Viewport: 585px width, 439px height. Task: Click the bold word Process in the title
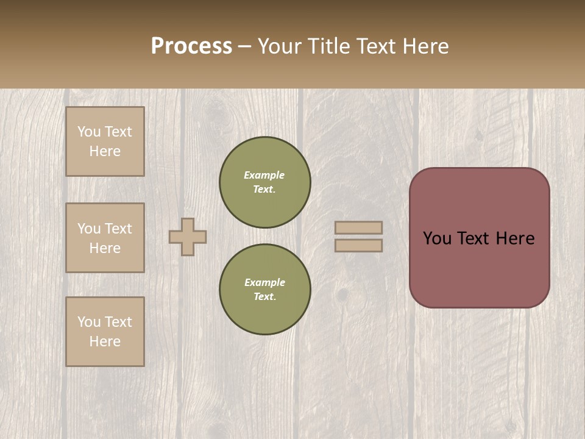coord(191,46)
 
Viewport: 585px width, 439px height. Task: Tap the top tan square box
coord(105,141)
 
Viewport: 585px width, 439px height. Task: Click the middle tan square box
coord(105,238)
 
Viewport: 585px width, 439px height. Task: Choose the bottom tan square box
coord(105,332)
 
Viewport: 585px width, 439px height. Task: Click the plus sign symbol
coord(188,237)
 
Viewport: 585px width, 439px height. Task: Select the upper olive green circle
coord(265,182)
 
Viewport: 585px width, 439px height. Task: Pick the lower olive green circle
coord(265,290)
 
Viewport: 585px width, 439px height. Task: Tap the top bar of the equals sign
coord(358,227)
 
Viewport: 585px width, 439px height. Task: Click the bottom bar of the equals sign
coord(358,245)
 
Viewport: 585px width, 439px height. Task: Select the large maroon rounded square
coord(479,238)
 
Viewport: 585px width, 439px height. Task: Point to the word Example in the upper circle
coord(264,175)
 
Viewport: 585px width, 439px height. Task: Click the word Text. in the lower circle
coord(265,297)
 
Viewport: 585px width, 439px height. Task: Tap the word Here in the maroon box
coord(515,238)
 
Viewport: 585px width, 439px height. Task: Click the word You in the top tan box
coord(88,132)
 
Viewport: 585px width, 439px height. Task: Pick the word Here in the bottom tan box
coord(105,341)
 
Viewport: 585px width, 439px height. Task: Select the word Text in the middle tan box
coord(118,229)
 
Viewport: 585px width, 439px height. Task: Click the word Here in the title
coord(427,46)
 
